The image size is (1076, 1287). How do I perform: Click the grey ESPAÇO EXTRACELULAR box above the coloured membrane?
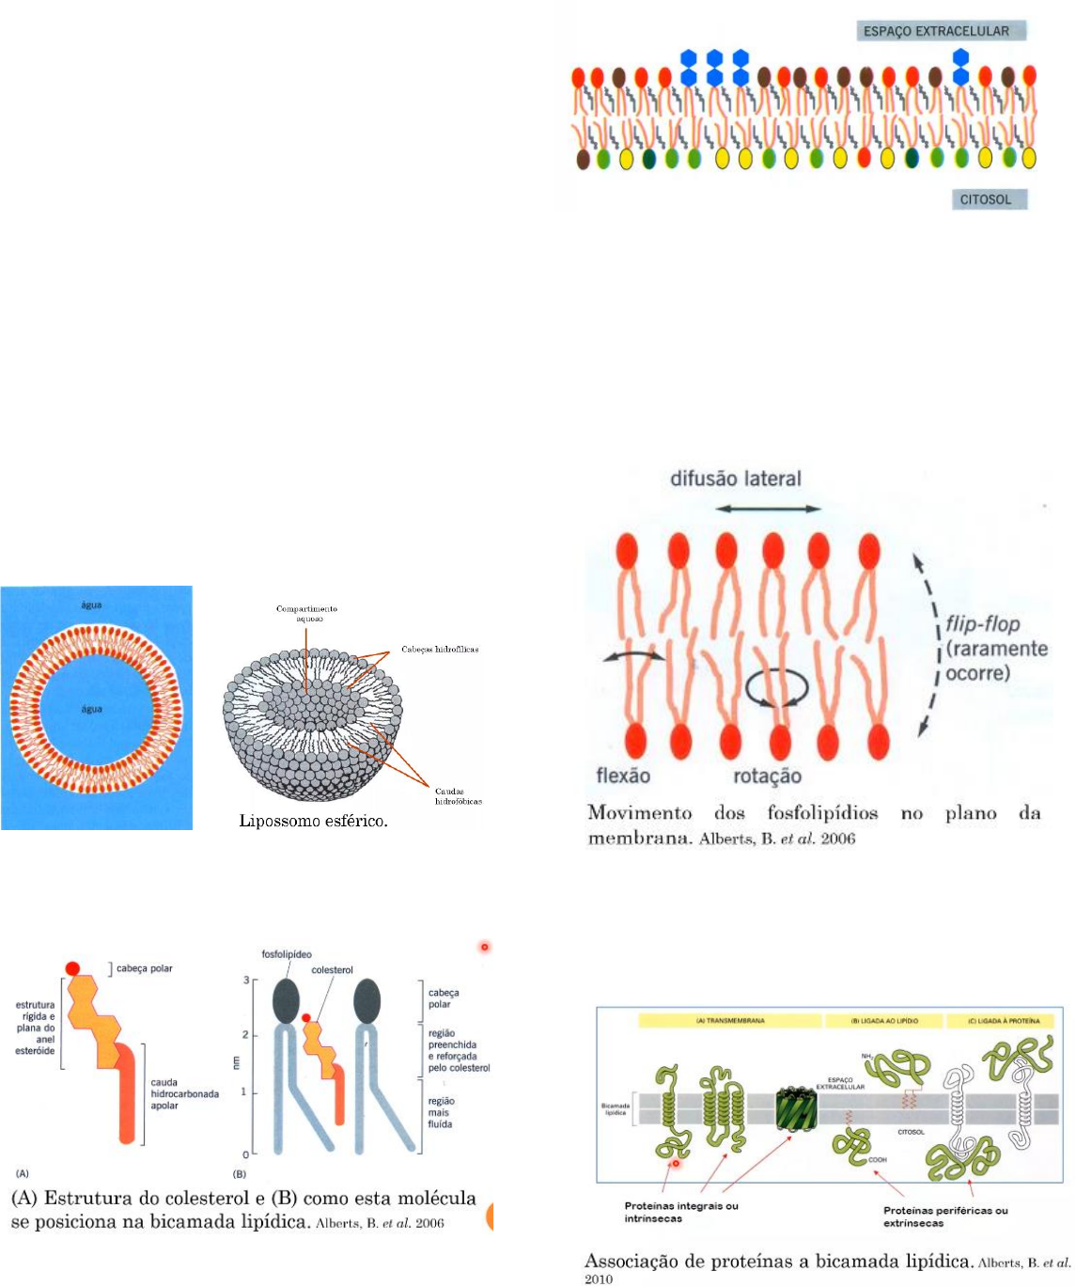point(941,31)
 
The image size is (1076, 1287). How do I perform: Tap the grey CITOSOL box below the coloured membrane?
point(986,199)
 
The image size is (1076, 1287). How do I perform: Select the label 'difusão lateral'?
point(735,479)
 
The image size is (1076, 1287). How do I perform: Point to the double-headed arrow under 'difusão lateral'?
point(768,509)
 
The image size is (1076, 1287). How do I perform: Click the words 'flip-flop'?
point(983,624)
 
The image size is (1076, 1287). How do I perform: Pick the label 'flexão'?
point(623,776)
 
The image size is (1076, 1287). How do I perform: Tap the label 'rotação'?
point(767,777)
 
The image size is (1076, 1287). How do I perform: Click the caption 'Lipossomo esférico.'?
point(314,821)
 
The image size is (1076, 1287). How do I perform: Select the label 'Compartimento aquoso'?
point(306,613)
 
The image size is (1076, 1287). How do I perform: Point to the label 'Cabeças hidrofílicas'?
point(440,649)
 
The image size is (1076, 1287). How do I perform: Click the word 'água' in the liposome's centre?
point(91,709)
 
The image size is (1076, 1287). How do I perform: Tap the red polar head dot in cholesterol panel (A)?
point(72,968)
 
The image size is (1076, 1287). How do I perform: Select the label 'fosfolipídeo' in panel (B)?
point(287,954)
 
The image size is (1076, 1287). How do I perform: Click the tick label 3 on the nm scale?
point(246,981)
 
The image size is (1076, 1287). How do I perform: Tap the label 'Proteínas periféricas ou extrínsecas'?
point(944,1216)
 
